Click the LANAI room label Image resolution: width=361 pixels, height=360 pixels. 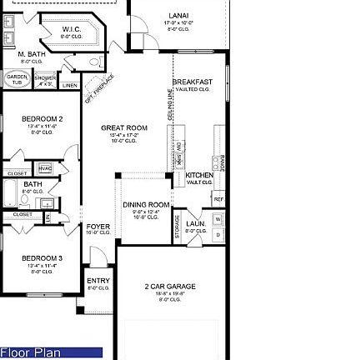[x=178, y=16]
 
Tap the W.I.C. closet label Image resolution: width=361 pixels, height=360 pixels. [x=72, y=29]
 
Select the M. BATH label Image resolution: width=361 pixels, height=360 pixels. [x=31, y=54]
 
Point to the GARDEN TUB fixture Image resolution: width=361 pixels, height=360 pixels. [x=17, y=79]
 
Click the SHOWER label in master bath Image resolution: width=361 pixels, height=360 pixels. [x=46, y=77]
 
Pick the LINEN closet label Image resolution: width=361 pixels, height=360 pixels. [x=70, y=84]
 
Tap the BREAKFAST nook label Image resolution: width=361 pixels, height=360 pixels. [x=193, y=82]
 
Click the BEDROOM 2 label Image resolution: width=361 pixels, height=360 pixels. [x=42, y=118]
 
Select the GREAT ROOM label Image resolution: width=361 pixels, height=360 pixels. [x=124, y=128]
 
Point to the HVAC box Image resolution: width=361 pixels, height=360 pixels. [x=44, y=168]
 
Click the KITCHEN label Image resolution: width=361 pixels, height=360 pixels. [x=198, y=175]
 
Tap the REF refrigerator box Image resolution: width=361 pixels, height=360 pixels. [x=218, y=199]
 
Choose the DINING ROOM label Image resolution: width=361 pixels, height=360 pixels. [x=146, y=204]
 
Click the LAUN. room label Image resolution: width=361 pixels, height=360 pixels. [x=196, y=223]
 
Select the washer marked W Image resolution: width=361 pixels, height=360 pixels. [x=218, y=220]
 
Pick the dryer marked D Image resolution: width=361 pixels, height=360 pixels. [x=218, y=235]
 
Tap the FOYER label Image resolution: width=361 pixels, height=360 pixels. [x=98, y=226]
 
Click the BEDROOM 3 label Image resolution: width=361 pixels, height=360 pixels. [x=42, y=258]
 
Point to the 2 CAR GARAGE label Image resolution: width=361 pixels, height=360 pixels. [x=170, y=287]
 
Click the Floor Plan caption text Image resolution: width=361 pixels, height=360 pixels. [x=31, y=353]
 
